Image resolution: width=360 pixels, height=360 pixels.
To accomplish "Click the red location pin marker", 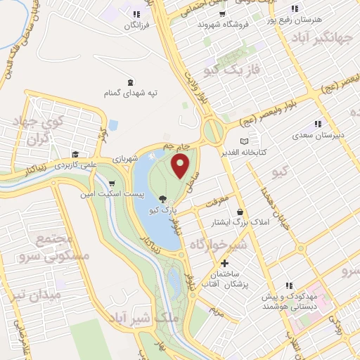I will [181, 167].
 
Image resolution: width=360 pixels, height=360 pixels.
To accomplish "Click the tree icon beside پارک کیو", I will [163, 199].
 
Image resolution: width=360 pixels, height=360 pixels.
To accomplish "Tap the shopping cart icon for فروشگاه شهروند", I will [223, 13].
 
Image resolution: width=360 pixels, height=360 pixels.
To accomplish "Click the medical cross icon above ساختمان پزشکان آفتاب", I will [224, 263].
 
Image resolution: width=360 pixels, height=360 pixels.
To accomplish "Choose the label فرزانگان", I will [138, 25].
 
